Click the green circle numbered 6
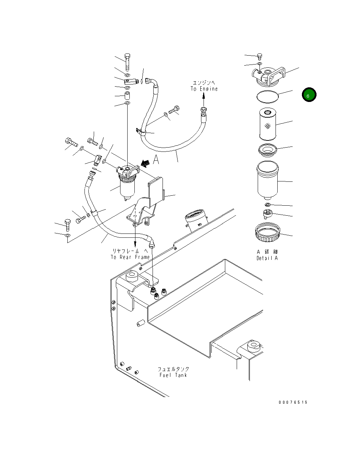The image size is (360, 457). (309, 95)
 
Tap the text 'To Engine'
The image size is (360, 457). (204, 89)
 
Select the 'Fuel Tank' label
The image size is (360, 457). (173, 375)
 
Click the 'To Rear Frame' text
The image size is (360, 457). (130, 257)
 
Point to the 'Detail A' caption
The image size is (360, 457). (267, 258)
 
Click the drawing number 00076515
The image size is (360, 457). (293, 402)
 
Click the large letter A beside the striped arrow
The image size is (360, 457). (156, 160)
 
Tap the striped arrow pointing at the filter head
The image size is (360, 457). (144, 163)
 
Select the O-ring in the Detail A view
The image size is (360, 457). (267, 96)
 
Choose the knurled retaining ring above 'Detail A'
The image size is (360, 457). (267, 232)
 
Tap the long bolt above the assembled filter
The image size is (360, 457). (128, 62)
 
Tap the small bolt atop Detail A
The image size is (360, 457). (259, 56)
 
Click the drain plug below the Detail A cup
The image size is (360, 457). (267, 214)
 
